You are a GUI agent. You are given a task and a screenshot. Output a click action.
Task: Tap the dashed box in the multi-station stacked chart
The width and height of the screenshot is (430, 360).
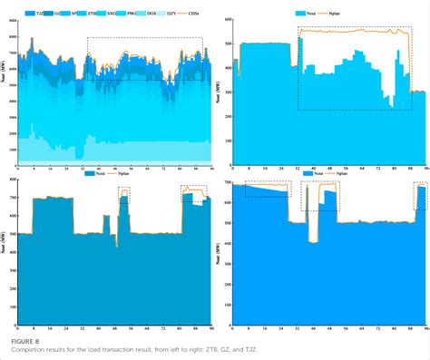(x=145, y=59)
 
